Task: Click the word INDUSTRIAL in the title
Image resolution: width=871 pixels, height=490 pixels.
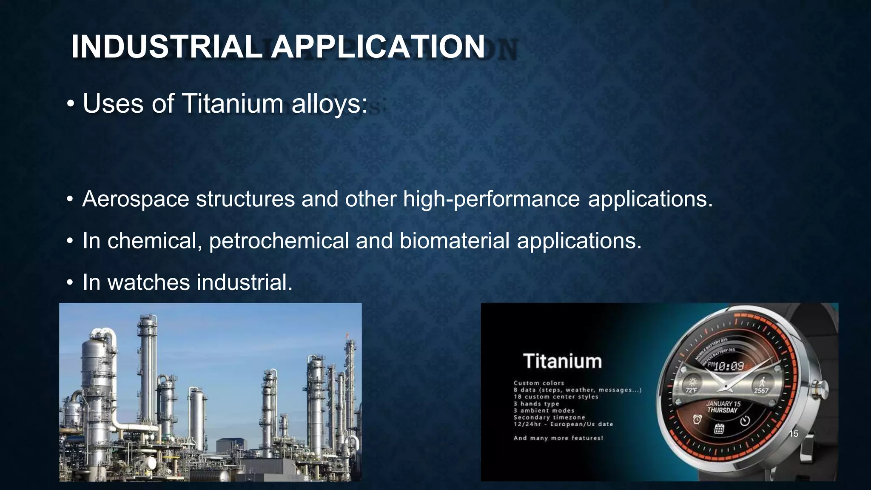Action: pyautogui.click(x=167, y=46)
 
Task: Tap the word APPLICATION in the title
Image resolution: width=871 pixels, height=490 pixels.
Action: pyautogui.click(x=378, y=46)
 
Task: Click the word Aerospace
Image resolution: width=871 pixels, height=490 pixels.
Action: pyautogui.click(x=136, y=199)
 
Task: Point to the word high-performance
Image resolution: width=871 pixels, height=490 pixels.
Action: pyautogui.click(x=491, y=199)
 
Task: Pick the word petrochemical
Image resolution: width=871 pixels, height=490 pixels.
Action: pyautogui.click(x=279, y=241)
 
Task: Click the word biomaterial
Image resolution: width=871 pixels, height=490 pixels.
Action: pyautogui.click(x=454, y=241)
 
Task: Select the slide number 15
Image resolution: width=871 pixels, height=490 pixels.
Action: pyautogui.click(x=794, y=434)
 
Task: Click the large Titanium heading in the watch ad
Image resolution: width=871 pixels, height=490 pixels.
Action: pyautogui.click(x=562, y=361)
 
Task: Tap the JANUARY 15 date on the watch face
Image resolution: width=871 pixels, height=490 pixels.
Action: pyautogui.click(x=723, y=404)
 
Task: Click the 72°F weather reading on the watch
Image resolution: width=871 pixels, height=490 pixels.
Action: pyautogui.click(x=691, y=390)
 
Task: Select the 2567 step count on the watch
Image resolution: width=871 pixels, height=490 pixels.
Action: pyautogui.click(x=761, y=390)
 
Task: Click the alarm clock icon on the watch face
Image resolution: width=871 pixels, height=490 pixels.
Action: pyautogui.click(x=697, y=419)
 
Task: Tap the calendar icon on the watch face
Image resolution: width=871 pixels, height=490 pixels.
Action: pyautogui.click(x=719, y=428)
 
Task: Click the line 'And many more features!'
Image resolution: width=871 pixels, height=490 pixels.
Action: pyautogui.click(x=558, y=438)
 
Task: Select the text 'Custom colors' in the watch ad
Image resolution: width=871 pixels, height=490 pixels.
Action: pyautogui.click(x=538, y=383)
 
